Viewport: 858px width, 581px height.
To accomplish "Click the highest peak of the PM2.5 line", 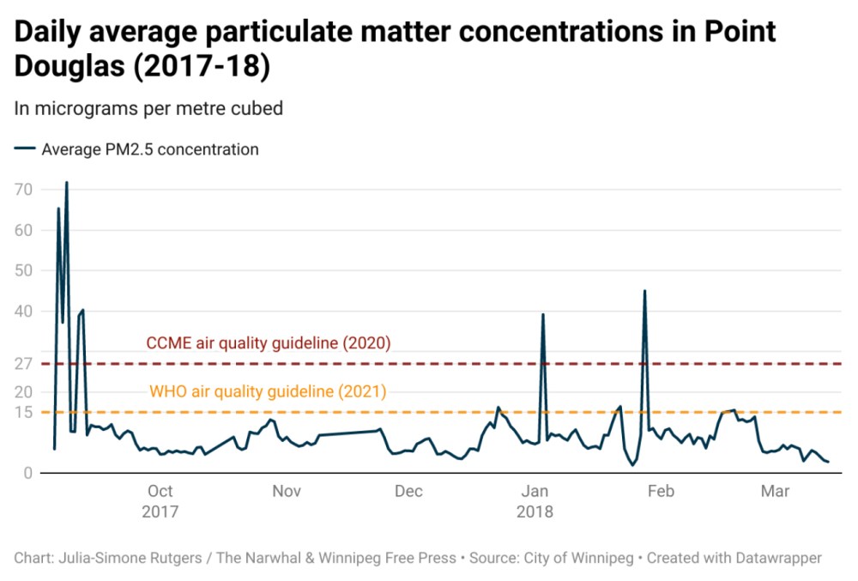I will (66, 183).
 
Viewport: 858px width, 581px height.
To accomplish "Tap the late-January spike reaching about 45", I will (644, 292).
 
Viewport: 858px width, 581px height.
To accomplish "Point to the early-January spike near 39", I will (543, 315).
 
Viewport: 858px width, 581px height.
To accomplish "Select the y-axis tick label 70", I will (23, 189).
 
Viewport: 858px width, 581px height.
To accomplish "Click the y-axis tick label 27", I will (23, 364).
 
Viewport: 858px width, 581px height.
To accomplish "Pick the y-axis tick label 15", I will (23, 412).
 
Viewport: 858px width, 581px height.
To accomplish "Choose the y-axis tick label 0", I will (27, 473).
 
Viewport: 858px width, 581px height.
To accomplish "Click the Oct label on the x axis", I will (160, 491).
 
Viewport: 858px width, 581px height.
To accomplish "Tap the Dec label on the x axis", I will (409, 491).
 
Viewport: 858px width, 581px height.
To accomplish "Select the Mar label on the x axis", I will (776, 491).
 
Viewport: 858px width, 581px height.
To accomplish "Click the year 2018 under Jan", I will (535, 512).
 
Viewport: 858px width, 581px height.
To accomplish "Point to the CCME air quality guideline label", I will (269, 343).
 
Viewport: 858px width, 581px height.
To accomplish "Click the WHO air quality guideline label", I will (268, 391).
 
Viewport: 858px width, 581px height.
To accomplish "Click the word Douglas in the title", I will (70, 67).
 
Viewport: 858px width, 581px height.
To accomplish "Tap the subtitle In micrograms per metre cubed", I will (148, 108).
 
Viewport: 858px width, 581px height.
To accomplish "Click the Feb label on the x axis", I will (661, 491).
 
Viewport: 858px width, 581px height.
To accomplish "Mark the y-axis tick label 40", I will (23, 311).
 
